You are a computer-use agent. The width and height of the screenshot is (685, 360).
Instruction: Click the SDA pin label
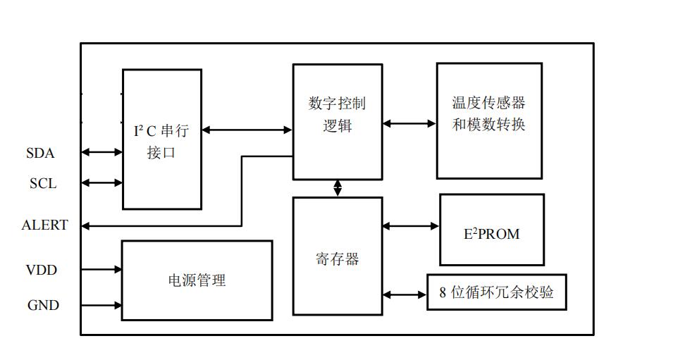point(40,153)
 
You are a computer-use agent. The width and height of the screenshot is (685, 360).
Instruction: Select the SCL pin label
point(43,184)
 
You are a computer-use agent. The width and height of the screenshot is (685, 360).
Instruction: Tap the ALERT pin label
point(45,225)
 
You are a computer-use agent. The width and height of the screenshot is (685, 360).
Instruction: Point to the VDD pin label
point(42,271)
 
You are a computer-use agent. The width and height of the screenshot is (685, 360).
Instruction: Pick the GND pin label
point(43,306)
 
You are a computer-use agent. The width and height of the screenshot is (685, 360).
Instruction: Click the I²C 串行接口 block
point(162,139)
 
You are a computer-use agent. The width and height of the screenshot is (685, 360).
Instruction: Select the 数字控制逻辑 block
point(338,121)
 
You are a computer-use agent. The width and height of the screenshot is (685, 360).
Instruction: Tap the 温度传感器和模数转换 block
point(489,120)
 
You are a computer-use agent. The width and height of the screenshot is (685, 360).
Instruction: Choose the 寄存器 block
point(338,258)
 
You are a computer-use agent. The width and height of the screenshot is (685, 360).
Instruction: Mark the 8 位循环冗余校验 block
point(497,292)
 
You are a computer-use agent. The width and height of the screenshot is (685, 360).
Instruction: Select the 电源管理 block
point(197,280)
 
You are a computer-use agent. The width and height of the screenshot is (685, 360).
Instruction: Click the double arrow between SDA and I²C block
point(102,151)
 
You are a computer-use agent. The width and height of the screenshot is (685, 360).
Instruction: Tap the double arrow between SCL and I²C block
point(102,183)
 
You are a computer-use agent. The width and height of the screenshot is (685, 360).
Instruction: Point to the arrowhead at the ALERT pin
point(86,225)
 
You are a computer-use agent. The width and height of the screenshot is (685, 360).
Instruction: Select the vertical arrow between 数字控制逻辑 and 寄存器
point(338,188)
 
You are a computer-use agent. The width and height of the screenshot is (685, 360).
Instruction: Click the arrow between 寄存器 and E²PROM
point(411,226)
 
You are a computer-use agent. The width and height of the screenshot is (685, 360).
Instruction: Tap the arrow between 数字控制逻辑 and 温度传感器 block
point(409,124)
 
